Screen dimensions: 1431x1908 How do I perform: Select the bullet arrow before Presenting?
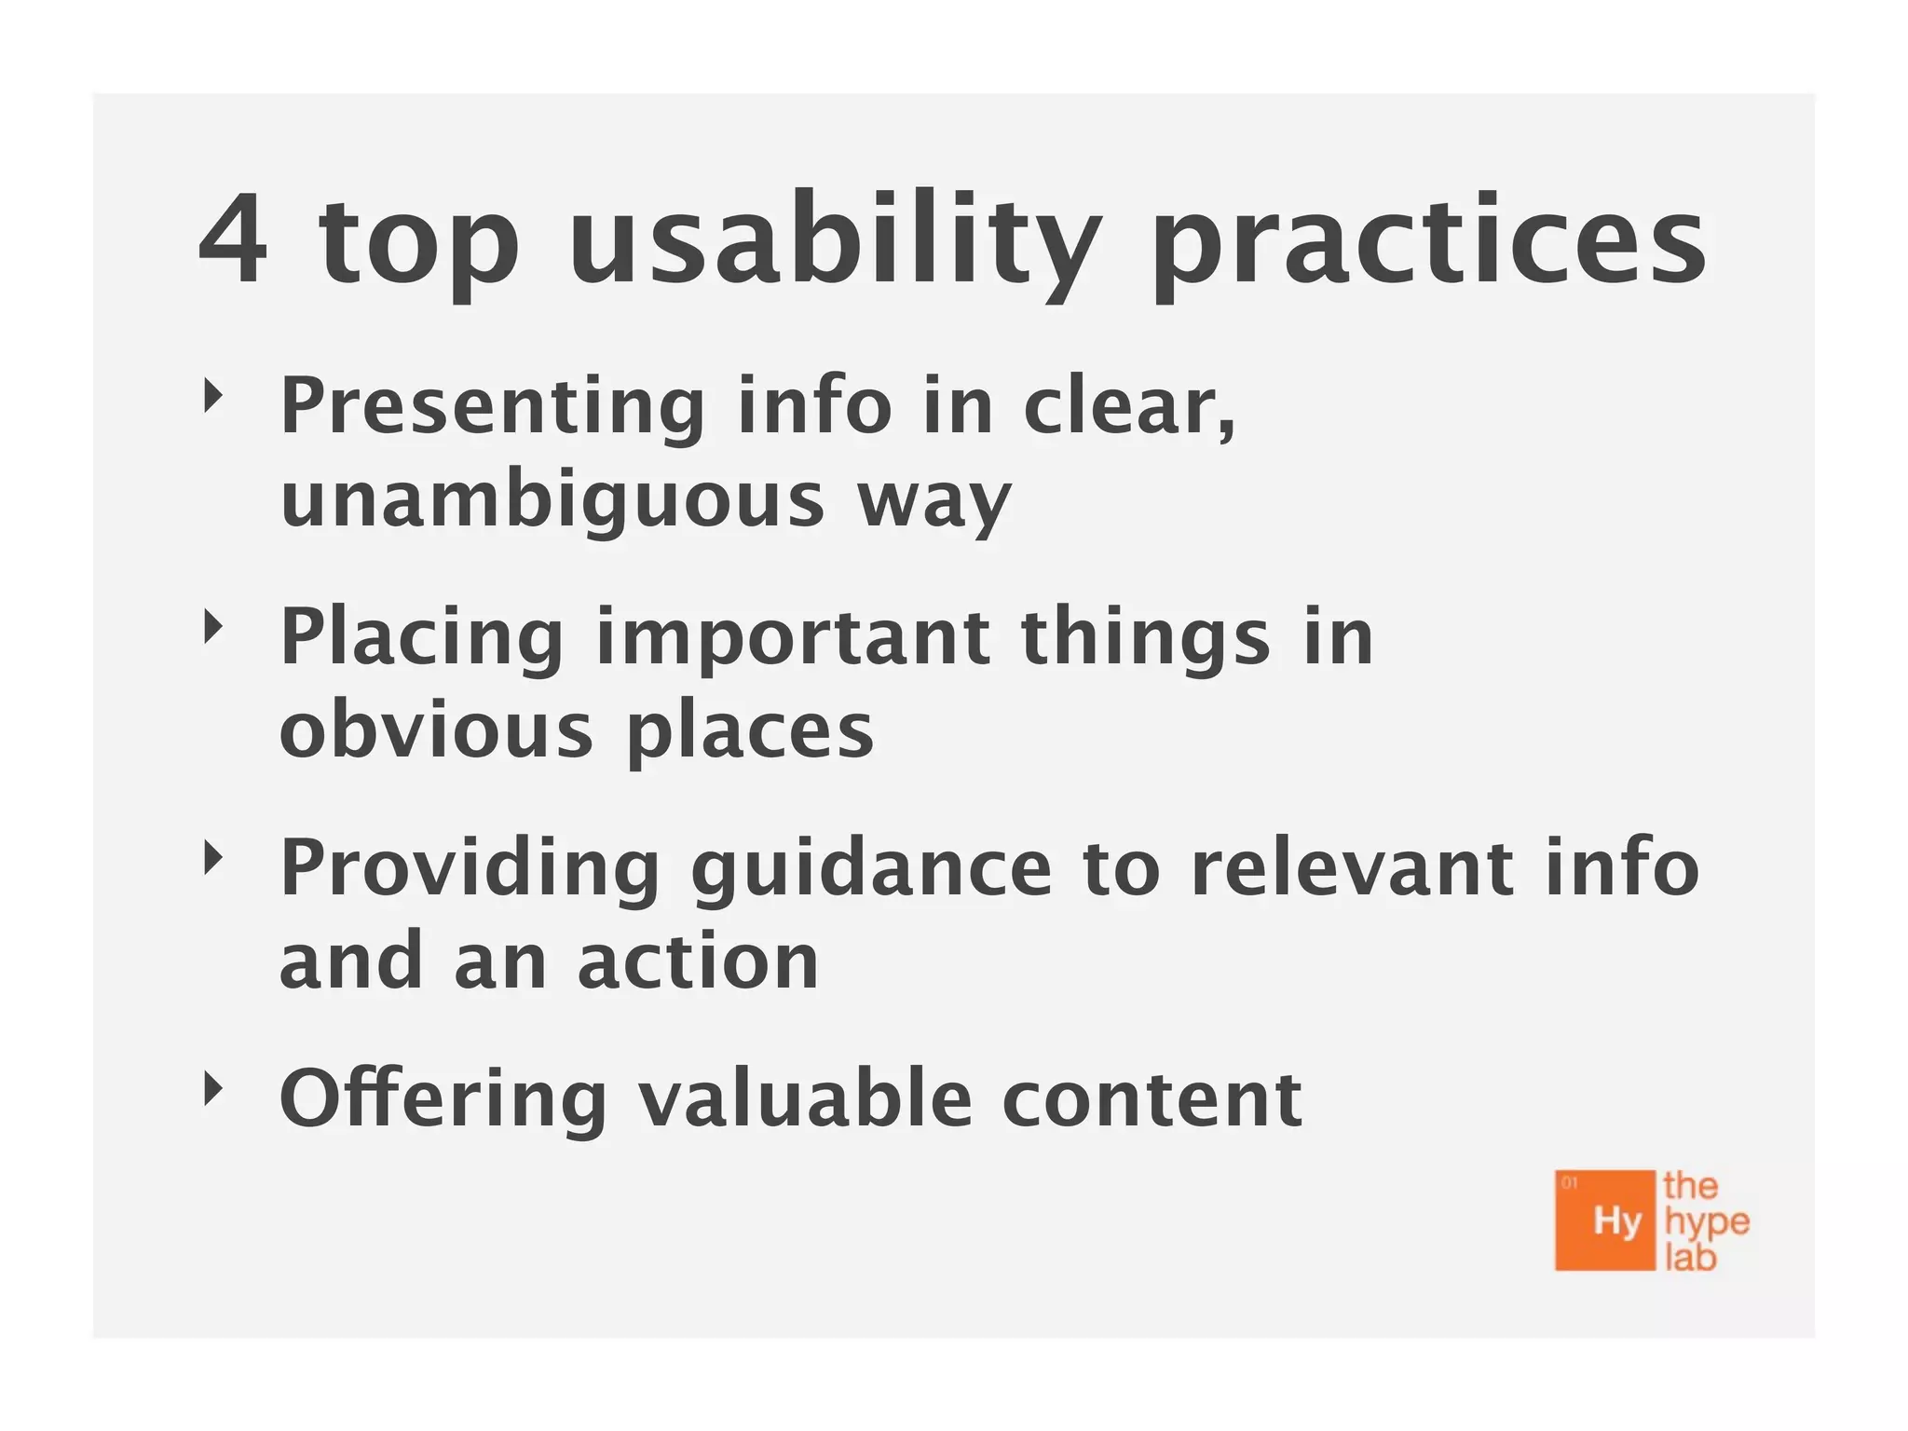point(214,396)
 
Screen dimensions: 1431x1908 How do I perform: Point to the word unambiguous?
point(552,500)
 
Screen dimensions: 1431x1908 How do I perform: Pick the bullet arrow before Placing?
point(214,627)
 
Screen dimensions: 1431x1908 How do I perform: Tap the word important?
point(793,639)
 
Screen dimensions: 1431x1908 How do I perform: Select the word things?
point(1145,639)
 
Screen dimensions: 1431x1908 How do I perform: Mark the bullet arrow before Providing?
point(214,858)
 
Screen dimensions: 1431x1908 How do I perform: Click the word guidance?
point(871,870)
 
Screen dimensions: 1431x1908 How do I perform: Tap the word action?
point(698,961)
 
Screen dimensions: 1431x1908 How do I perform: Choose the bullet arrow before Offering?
point(214,1087)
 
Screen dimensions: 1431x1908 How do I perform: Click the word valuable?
point(805,1098)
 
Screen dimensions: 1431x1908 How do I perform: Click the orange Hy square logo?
point(1605,1220)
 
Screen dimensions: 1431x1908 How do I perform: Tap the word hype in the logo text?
point(1707,1222)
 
